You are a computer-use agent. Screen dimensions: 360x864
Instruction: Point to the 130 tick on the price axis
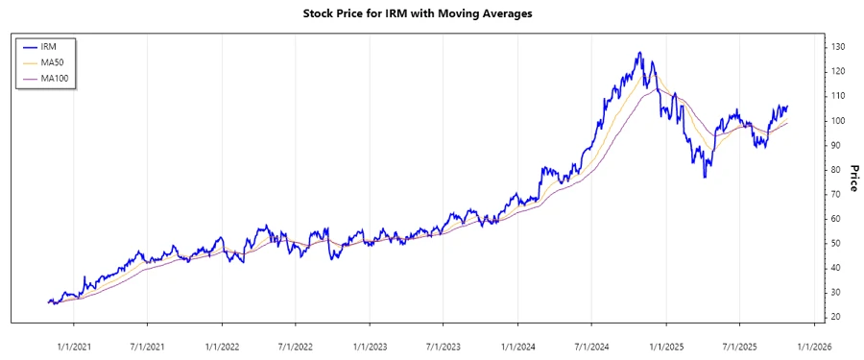pos(838,47)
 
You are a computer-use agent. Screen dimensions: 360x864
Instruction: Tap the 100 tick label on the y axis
pos(838,121)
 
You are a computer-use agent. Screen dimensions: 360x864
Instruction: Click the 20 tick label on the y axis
pos(836,317)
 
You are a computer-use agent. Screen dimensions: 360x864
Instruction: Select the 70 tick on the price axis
pos(836,194)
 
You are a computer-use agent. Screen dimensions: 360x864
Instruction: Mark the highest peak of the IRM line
pos(639,53)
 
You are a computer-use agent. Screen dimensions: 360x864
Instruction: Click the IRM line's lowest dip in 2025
pos(706,177)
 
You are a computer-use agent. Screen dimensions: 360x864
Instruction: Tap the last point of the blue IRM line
pos(787,107)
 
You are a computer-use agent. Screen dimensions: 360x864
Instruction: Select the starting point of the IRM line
pos(48,301)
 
